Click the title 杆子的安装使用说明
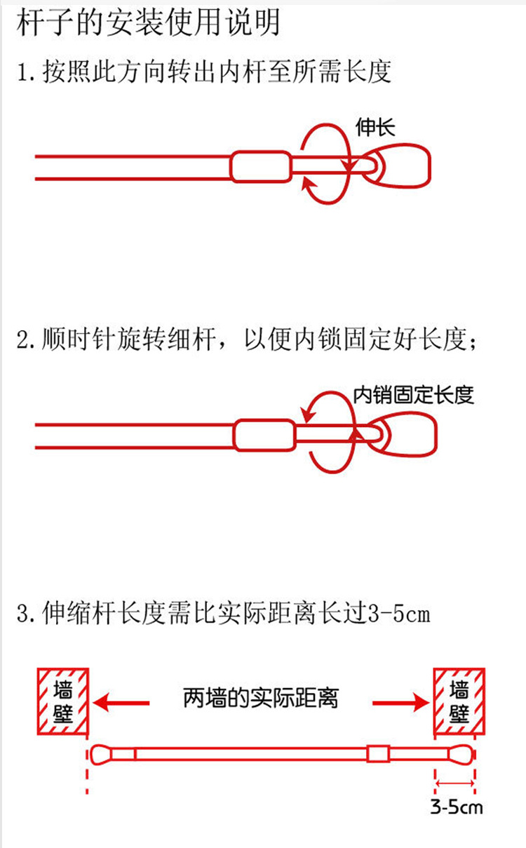(148, 22)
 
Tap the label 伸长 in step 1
(375, 127)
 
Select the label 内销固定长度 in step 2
(413, 394)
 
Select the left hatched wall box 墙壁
(62, 701)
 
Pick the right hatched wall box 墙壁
(459, 701)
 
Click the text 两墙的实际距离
(261, 699)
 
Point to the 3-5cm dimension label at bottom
(457, 808)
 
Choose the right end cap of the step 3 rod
(459, 754)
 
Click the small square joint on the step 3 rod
(377, 754)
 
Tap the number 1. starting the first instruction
(27, 72)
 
